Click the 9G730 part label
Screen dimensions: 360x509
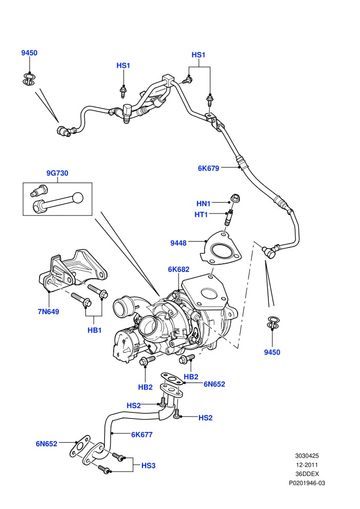[57, 173]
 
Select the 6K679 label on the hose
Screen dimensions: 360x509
[208, 168]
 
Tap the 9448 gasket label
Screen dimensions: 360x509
[178, 243]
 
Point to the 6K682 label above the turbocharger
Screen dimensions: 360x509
[178, 269]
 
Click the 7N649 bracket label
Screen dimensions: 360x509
[48, 312]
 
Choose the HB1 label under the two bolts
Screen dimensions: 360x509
[95, 330]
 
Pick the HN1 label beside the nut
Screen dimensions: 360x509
[204, 204]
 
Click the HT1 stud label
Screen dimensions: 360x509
[201, 214]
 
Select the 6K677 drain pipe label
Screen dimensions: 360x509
[142, 434]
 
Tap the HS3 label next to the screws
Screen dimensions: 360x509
[148, 465]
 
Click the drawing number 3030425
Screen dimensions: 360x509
[307, 456]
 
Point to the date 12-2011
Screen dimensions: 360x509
[307, 465]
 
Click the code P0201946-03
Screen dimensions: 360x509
[307, 483]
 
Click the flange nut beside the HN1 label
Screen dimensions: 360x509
[235, 198]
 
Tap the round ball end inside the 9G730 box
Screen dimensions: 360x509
[78, 198]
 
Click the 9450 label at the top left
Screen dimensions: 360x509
[29, 53]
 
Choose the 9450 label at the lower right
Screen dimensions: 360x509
[272, 352]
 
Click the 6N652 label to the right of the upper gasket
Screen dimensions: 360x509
[214, 384]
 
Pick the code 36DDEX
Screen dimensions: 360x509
[307, 474]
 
